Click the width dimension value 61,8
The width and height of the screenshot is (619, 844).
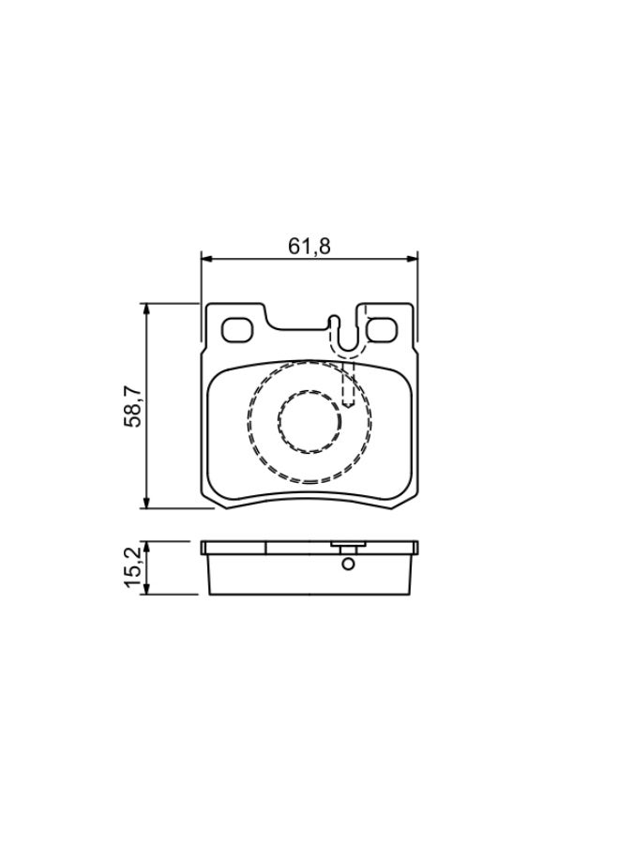(309, 246)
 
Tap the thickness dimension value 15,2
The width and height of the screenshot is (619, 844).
(134, 568)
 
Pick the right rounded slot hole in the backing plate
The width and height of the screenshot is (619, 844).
(381, 330)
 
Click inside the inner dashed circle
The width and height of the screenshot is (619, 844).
(309, 422)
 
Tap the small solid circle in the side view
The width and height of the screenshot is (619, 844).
(348, 564)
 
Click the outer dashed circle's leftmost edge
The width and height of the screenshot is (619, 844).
(249, 422)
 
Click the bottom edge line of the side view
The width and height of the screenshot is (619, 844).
(309, 595)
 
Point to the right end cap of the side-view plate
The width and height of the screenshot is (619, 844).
(415, 547)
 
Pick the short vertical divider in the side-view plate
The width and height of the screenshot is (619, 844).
(265, 547)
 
